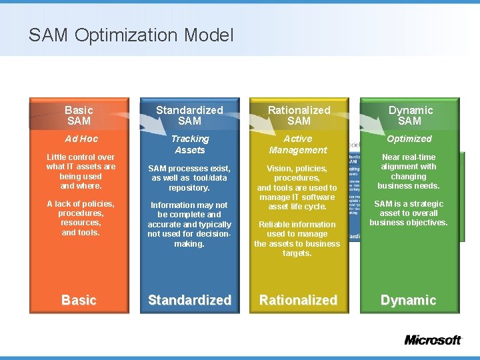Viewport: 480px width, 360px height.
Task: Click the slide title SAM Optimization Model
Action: click(131, 35)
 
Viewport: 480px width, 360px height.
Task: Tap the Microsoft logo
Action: click(433, 340)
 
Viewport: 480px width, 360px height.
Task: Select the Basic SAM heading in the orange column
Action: click(79, 115)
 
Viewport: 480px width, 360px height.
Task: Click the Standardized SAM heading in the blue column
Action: click(189, 115)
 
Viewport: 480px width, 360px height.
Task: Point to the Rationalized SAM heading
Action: click(299, 115)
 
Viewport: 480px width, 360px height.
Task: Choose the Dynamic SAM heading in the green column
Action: click(410, 115)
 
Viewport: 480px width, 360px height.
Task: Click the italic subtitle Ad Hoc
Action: click(81, 139)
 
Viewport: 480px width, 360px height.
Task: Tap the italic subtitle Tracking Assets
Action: click(189, 145)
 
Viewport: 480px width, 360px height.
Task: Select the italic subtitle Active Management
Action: click(298, 145)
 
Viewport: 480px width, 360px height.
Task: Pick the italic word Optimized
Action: click(409, 139)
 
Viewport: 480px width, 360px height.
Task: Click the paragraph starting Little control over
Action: click(81, 171)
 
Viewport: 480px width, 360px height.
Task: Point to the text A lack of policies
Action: click(81, 218)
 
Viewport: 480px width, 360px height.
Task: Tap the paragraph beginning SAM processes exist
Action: click(189, 178)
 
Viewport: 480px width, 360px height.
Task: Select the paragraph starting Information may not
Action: click(189, 225)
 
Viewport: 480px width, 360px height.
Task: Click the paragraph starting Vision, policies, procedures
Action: click(297, 188)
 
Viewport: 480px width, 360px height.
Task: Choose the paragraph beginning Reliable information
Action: click(297, 239)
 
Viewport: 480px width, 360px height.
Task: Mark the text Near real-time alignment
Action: click(409, 171)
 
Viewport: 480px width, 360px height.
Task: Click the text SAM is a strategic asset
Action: click(409, 213)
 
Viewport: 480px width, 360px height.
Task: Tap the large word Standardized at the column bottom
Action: click(189, 300)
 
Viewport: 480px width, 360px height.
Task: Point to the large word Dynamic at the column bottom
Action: click(408, 300)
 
